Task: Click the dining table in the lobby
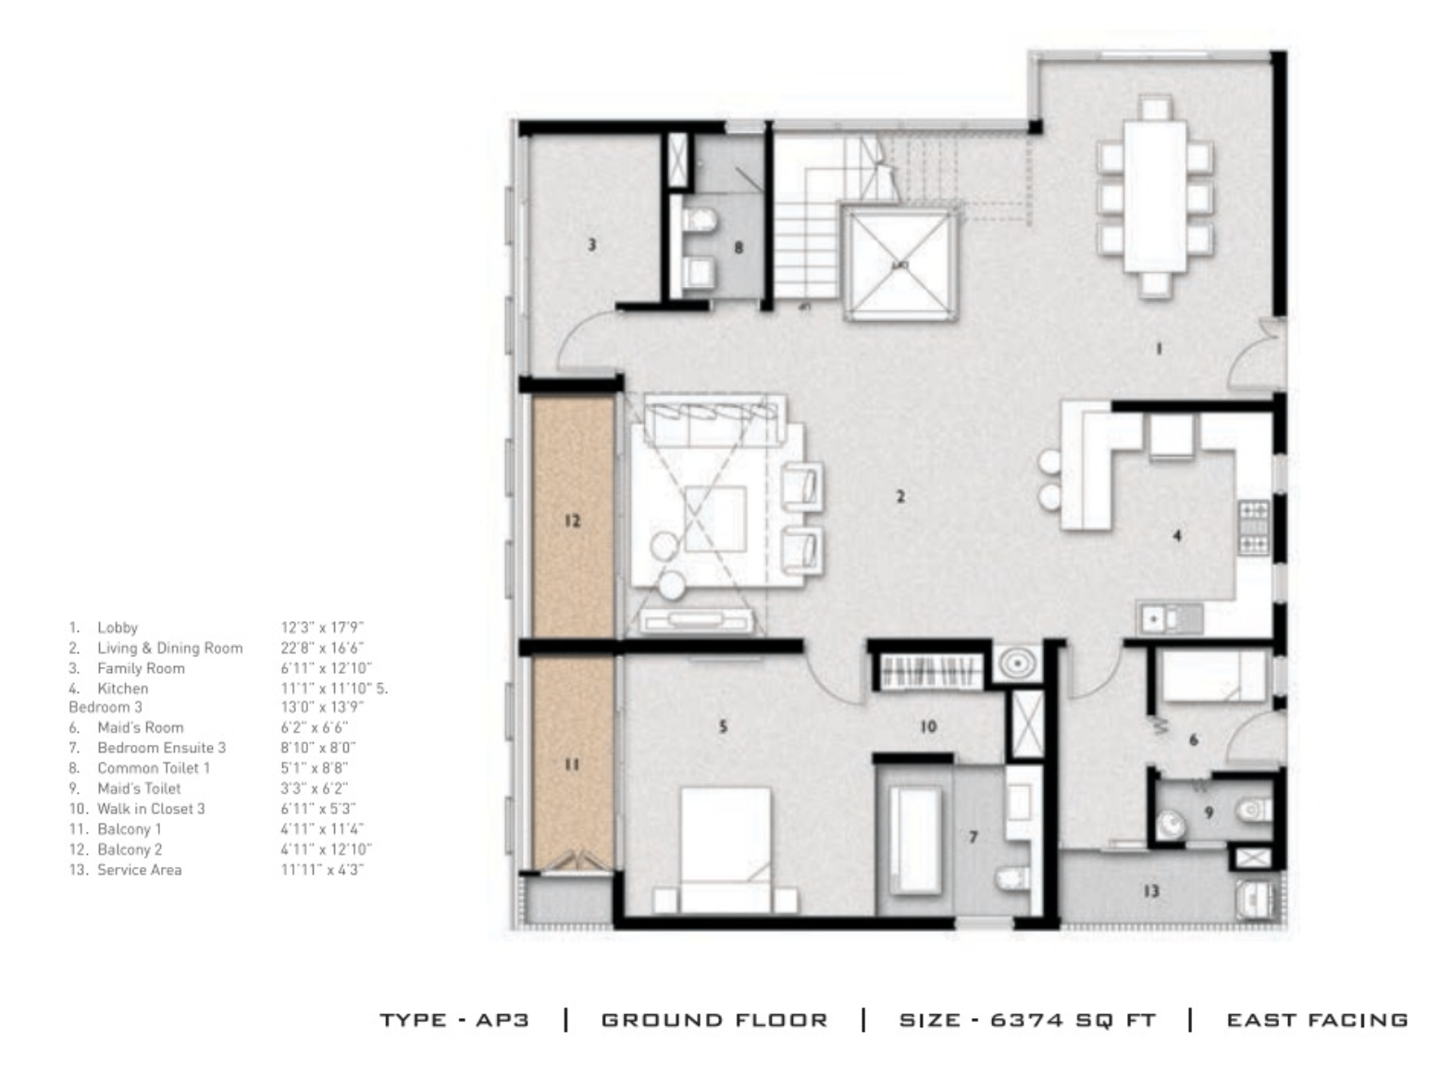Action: point(1155,195)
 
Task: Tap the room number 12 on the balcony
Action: point(572,520)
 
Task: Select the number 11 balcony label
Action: point(572,764)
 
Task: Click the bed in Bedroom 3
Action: point(726,850)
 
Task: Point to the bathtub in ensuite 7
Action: point(914,839)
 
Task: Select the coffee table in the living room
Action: point(715,518)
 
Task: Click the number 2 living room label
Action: point(900,497)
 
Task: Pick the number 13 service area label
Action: point(1151,891)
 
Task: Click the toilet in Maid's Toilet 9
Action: point(1255,811)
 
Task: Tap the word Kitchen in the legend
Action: point(122,689)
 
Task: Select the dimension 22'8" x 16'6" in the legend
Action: point(322,648)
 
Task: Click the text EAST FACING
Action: point(1317,1020)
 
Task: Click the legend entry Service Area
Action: point(139,870)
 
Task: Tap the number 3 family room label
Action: point(592,244)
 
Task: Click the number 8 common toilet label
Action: point(738,248)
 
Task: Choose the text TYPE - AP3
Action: point(454,1020)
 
